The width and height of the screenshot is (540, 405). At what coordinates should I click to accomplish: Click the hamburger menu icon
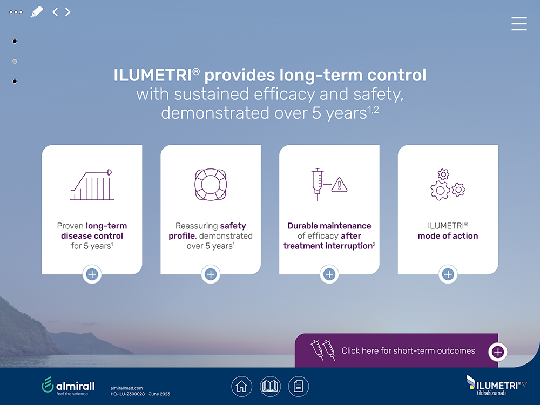519,23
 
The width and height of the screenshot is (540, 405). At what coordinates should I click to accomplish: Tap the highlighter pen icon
37,12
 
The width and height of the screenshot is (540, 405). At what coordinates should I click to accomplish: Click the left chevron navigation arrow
55,12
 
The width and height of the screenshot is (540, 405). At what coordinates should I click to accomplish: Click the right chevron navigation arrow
68,12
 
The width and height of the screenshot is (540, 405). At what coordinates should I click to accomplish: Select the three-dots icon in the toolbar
16,12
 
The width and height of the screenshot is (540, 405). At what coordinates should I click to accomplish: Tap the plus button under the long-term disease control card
92,274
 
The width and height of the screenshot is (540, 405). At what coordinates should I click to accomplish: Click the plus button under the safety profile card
211,274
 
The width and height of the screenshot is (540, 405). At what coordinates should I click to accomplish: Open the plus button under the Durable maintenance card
329,274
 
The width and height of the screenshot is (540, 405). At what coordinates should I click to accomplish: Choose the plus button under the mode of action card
448,274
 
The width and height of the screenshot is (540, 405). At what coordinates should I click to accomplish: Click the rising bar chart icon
92,185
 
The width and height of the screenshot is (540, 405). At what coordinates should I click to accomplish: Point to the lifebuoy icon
211,184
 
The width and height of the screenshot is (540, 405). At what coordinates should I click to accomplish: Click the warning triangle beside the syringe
340,185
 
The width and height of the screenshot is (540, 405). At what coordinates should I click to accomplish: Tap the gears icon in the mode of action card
448,185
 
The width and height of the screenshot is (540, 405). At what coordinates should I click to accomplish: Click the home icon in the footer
241,386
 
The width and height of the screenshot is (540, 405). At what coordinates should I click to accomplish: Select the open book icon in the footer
271,386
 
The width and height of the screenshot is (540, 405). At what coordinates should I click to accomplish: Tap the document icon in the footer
299,386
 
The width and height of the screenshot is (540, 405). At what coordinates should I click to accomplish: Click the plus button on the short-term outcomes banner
498,352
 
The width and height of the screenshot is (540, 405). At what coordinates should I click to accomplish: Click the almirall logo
68,386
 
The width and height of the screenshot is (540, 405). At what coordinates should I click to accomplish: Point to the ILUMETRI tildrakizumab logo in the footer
496,386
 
